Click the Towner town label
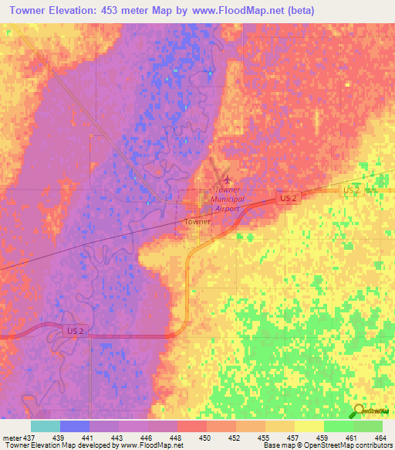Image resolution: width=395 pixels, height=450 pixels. click(x=197, y=221)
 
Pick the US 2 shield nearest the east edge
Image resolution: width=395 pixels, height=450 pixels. click(x=352, y=189)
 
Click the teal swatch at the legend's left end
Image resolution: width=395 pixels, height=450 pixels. click(x=46, y=426)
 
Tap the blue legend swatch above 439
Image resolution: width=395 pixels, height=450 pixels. click(x=75, y=426)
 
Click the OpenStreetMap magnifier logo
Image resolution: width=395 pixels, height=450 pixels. click(x=361, y=411)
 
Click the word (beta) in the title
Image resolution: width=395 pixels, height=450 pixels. click(x=297, y=11)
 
